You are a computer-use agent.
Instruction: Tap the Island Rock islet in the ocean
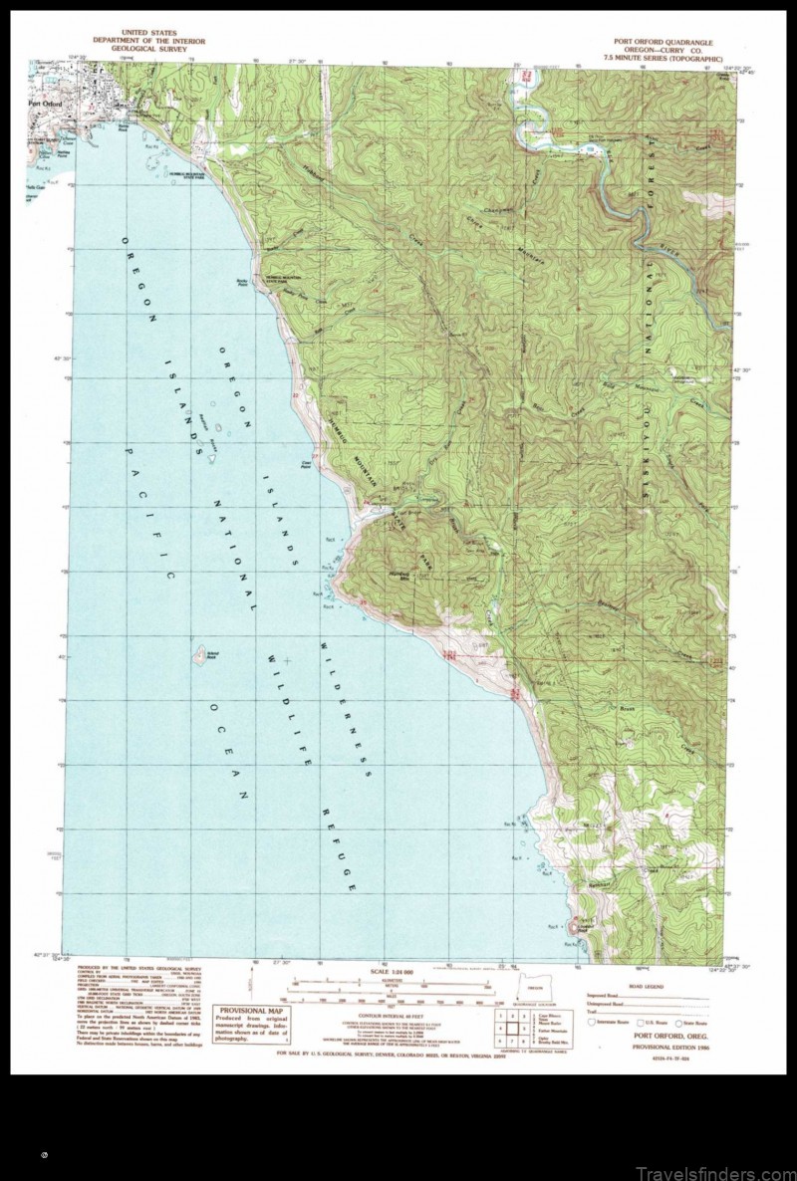[199, 655]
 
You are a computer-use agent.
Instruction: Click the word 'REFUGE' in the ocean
[340, 841]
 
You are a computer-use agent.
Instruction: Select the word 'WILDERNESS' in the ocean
[345, 706]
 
